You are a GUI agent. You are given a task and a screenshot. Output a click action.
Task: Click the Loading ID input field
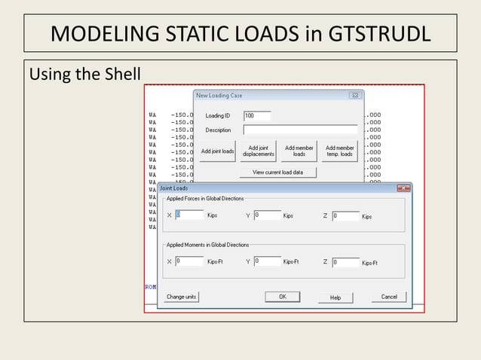click(x=257, y=116)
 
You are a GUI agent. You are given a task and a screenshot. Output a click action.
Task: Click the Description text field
click(x=300, y=130)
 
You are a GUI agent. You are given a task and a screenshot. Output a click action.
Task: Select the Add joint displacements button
click(x=258, y=151)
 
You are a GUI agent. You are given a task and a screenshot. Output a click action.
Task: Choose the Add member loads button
click(x=299, y=151)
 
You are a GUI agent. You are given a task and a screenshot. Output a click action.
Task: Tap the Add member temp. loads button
click(x=339, y=151)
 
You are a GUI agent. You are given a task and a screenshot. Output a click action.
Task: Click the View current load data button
click(x=277, y=172)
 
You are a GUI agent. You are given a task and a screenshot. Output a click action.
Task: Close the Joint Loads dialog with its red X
click(x=403, y=188)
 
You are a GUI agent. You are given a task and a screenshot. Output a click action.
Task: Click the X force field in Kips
click(x=189, y=215)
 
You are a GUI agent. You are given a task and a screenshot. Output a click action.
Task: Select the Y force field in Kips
click(x=267, y=215)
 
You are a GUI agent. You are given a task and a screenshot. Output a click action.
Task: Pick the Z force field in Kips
click(x=345, y=216)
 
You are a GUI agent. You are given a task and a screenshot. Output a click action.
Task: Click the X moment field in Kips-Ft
click(x=189, y=261)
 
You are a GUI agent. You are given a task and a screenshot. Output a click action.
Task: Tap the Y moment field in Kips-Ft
click(x=267, y=261)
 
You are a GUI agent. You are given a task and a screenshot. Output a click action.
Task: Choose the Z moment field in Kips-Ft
click(x=345, y=262)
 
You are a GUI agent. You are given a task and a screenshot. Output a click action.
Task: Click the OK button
click(x=282, y=297)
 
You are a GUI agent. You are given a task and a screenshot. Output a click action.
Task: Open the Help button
click(x=335, y=297)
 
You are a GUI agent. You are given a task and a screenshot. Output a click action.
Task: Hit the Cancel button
click(x=389, y=297)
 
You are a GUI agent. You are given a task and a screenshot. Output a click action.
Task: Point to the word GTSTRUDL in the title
click(x=378, y=35)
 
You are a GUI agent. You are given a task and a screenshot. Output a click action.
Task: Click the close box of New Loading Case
click(x=354, y=96)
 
